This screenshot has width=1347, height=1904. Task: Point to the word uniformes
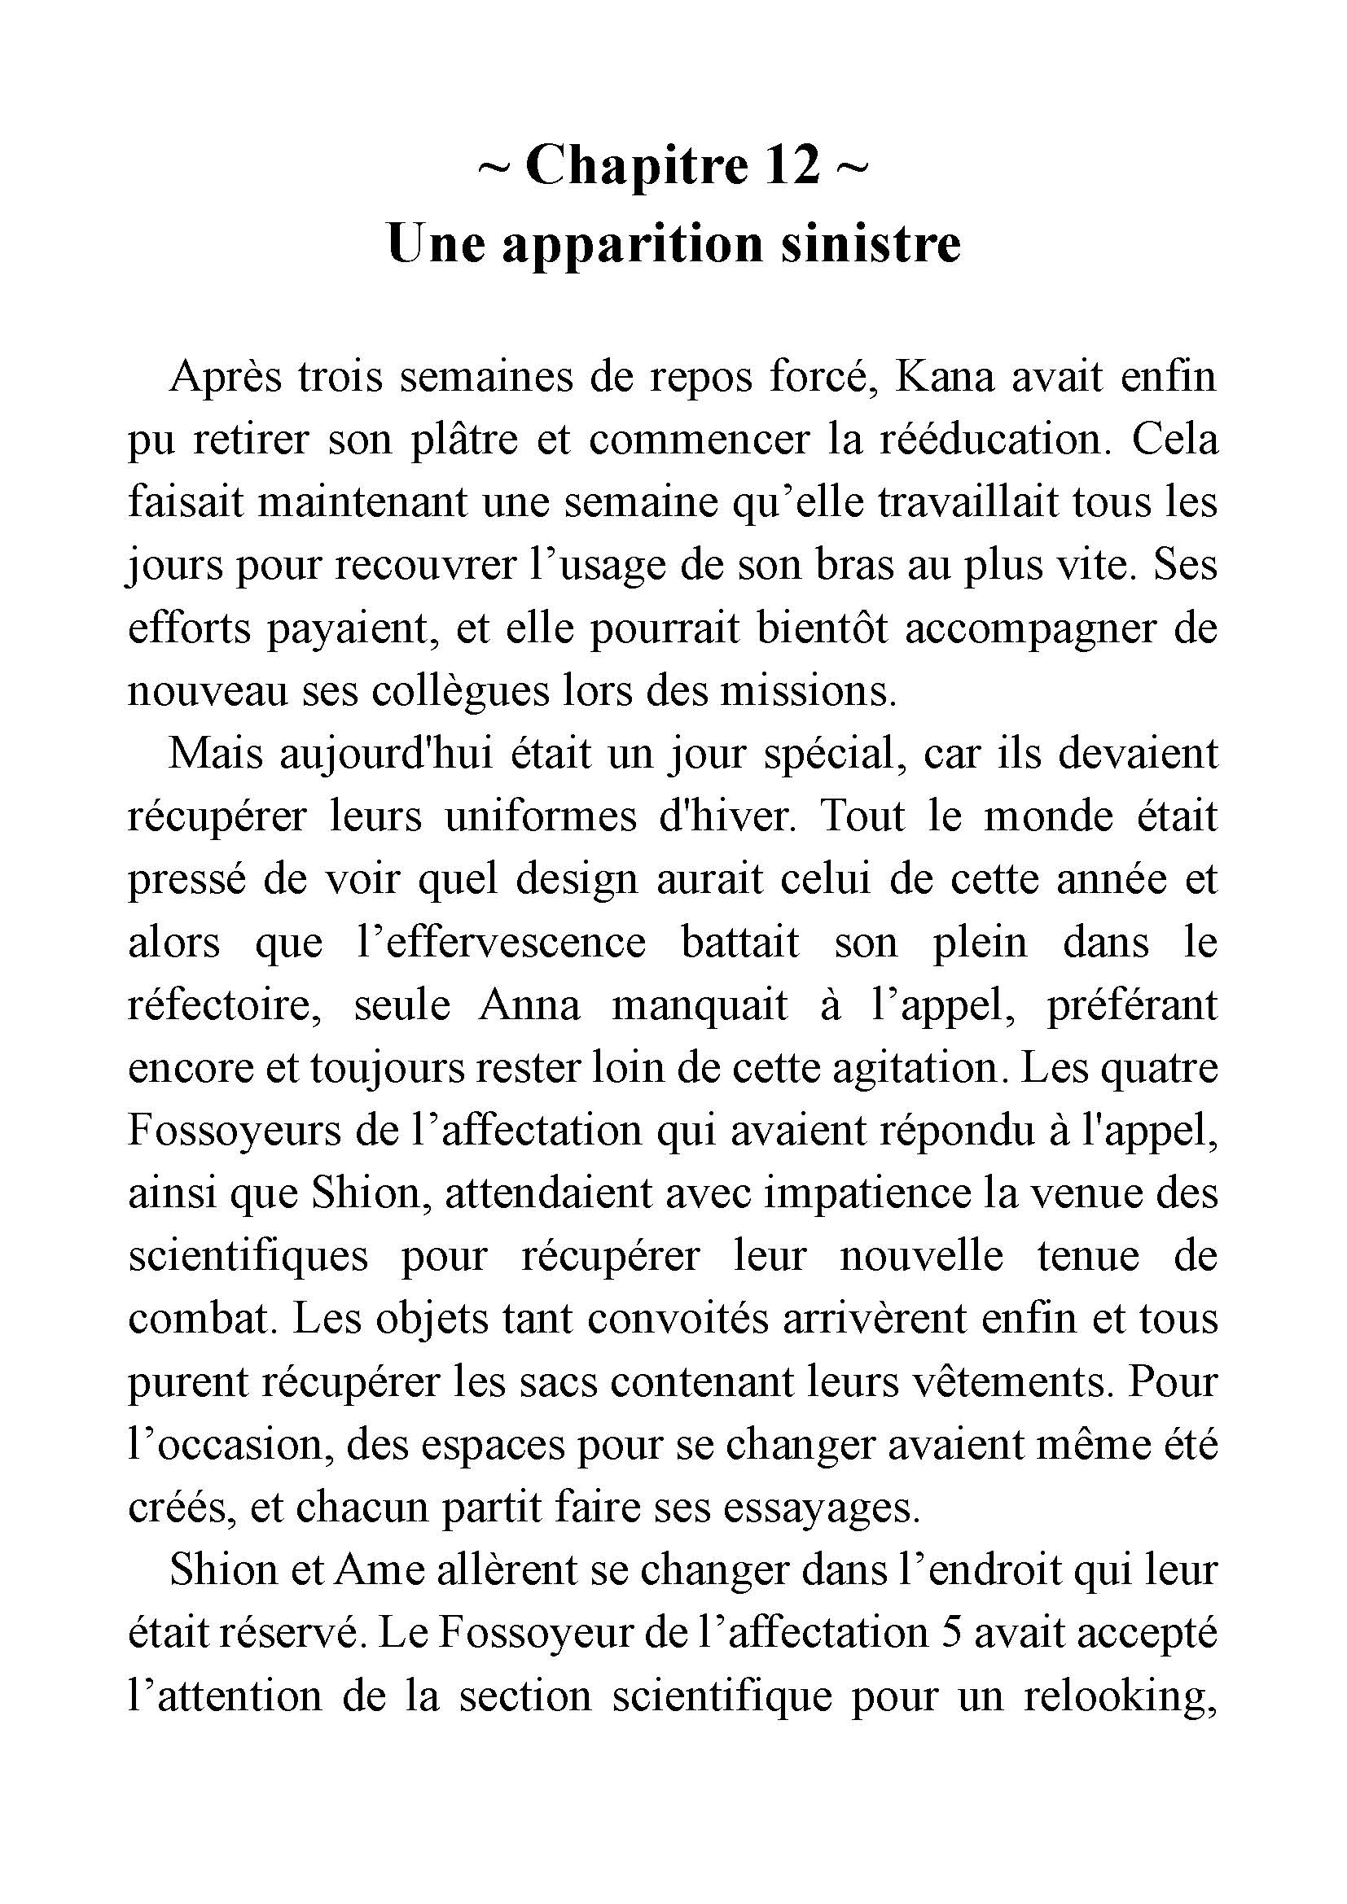541,817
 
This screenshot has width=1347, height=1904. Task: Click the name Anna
529,1006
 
